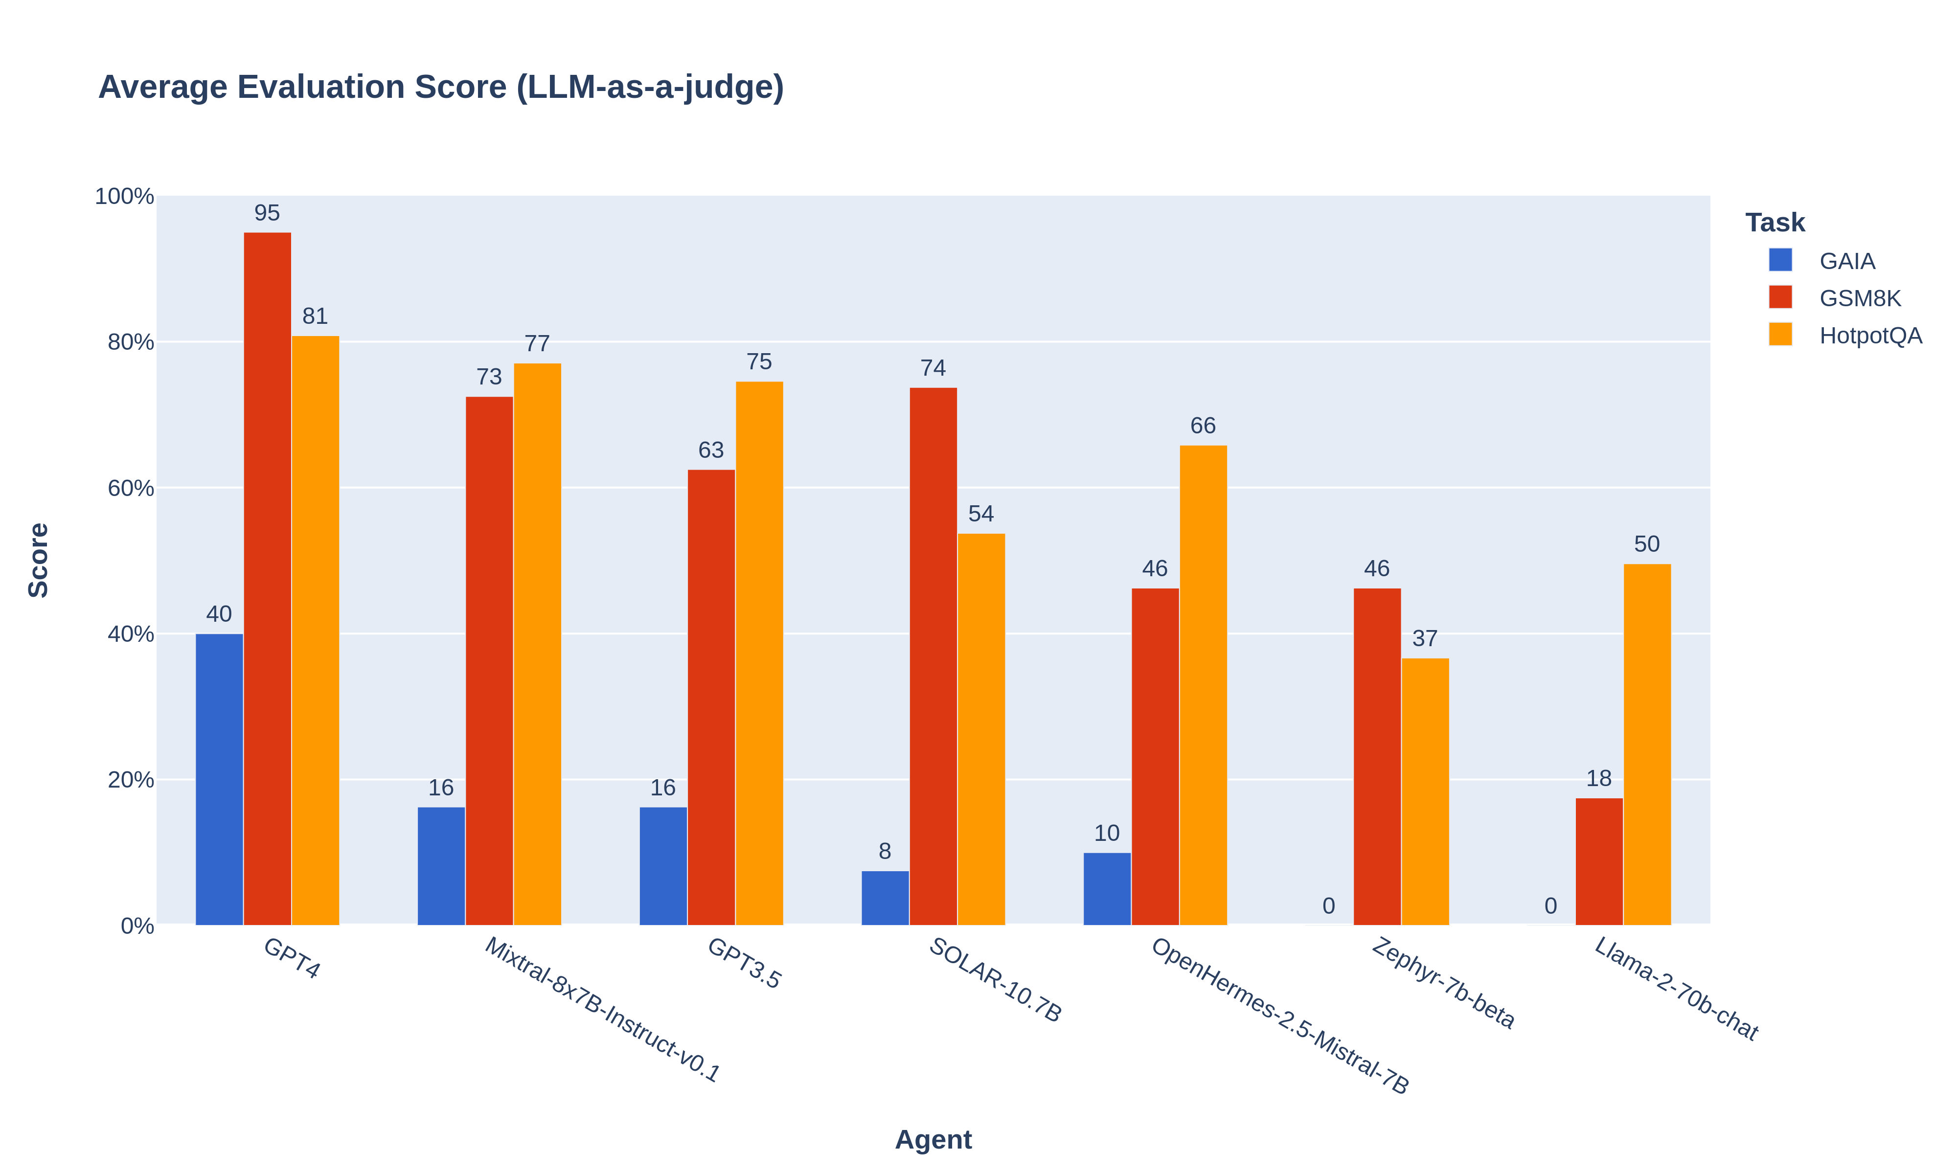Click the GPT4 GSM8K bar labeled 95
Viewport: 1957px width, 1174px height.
[267, 578]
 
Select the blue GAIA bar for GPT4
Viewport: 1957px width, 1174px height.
[219, 779]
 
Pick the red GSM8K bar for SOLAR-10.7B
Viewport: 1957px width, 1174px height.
[933, 656]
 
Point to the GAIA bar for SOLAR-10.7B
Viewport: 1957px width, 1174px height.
[885, 898]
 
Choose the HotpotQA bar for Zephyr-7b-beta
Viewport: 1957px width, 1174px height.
[1425, 791]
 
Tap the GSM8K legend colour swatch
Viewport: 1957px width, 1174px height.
[1780, 297]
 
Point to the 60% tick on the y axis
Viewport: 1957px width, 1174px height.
[131, 488]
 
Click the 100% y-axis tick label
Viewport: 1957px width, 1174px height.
[125, 196]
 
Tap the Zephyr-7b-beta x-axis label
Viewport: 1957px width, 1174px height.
[1442, 983]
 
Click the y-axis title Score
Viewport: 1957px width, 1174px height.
[38, 560]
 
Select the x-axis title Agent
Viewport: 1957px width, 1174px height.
[933, 1139]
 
